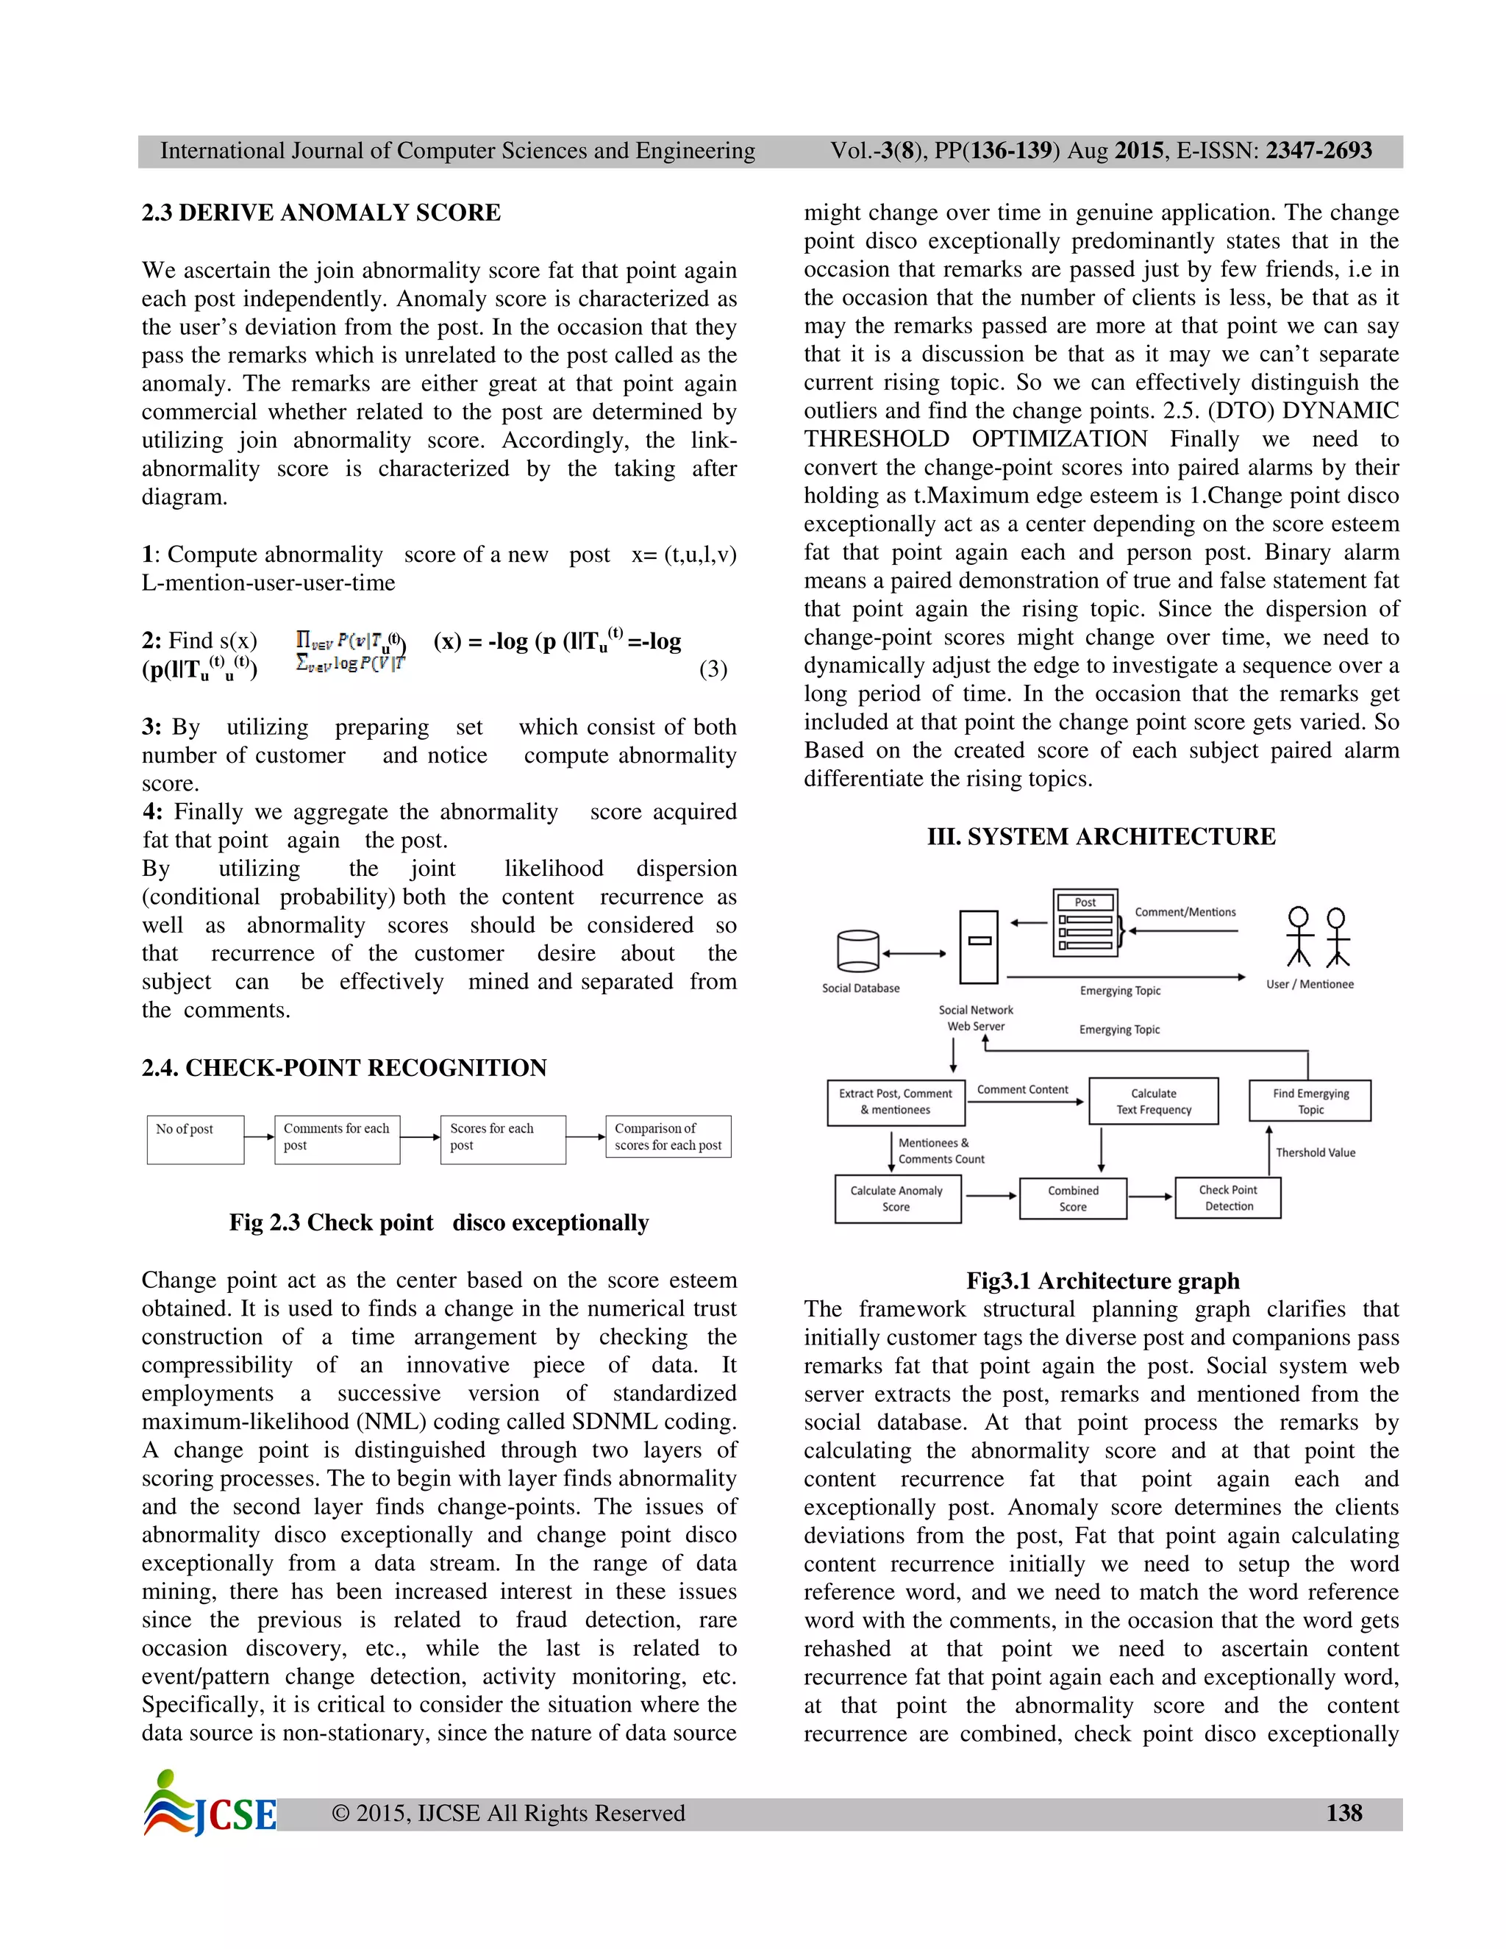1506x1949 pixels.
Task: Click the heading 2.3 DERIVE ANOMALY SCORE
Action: tap(321, 213)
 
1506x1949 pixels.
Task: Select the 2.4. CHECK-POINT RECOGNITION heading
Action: tap(343, 1067)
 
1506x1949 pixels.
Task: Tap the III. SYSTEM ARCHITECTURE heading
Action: tap(1101, 836)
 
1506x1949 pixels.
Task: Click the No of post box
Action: tap(196, 1139)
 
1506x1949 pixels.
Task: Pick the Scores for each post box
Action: tap(502, 1139)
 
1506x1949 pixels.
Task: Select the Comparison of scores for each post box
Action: tap(668, 1136)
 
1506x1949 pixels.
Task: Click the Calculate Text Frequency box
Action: tap(1153, 1101)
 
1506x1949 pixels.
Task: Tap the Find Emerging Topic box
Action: tap(1310, 1101)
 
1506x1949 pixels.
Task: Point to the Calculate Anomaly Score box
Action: tap(896, 1199)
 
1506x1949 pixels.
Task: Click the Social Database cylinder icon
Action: tap(858, 951)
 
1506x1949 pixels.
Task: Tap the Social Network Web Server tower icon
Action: tap(979, 946)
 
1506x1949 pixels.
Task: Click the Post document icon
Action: tap(1085, 923)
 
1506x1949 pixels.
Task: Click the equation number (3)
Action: tap(713, 669)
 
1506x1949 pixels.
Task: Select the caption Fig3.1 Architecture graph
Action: tap(1103, 1280)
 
